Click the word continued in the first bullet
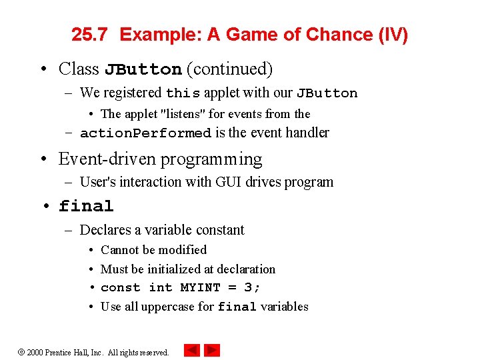coord(230,69)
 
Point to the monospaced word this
coord(183,93)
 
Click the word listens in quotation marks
coord(182,114)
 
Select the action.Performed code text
coord(145,133)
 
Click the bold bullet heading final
coord(86,207)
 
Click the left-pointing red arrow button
coord(191,350)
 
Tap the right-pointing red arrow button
coord(212,350)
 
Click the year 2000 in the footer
coord(35,352)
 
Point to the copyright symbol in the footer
coord(21,352)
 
